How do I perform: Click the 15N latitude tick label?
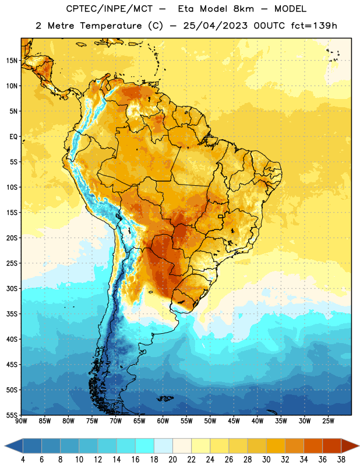click(x=12, y=61)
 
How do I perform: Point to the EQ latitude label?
click(x=13, y=137)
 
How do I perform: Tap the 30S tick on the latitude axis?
click(x=12, y=288)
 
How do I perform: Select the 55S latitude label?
click(x=12, y=415)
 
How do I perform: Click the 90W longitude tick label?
click(x=21, y=421)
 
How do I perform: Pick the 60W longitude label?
click(x=163, y=421)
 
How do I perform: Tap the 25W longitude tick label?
click(x=328, y=421)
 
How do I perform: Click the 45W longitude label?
click(x=234, y=421)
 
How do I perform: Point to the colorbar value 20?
click(x=172, y=460)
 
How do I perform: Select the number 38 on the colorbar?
click(x=341, y=460)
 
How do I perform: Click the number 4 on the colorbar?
click(x=23, y=460)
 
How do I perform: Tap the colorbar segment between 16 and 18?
click(x=145, y=446)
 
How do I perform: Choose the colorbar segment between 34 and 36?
click(x=313, y=446)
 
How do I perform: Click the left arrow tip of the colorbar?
click(x=5, y=446)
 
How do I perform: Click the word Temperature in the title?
click(x=111, y=26)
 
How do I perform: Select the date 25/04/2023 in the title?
click(x=215, y=26)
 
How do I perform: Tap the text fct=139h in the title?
click(x=314, y=26)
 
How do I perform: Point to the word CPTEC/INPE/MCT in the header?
click(x=109, y=9)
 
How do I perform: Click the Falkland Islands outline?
click(x=165, y=398)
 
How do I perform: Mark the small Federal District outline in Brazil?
click(x=221, y=216)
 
